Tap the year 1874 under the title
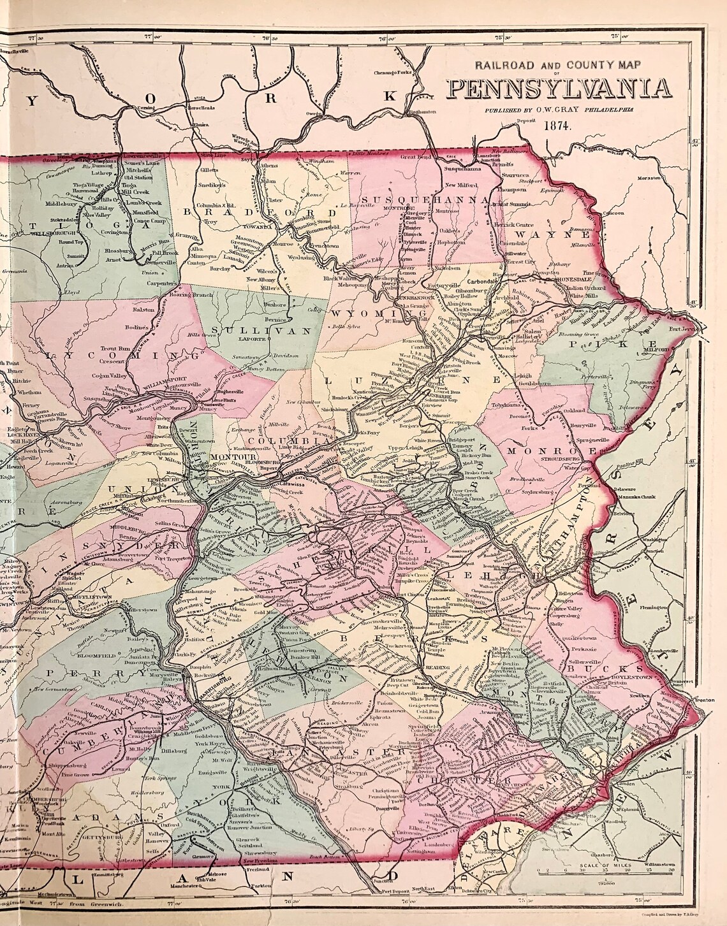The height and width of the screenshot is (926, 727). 559,125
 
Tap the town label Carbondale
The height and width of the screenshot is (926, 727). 482,280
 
